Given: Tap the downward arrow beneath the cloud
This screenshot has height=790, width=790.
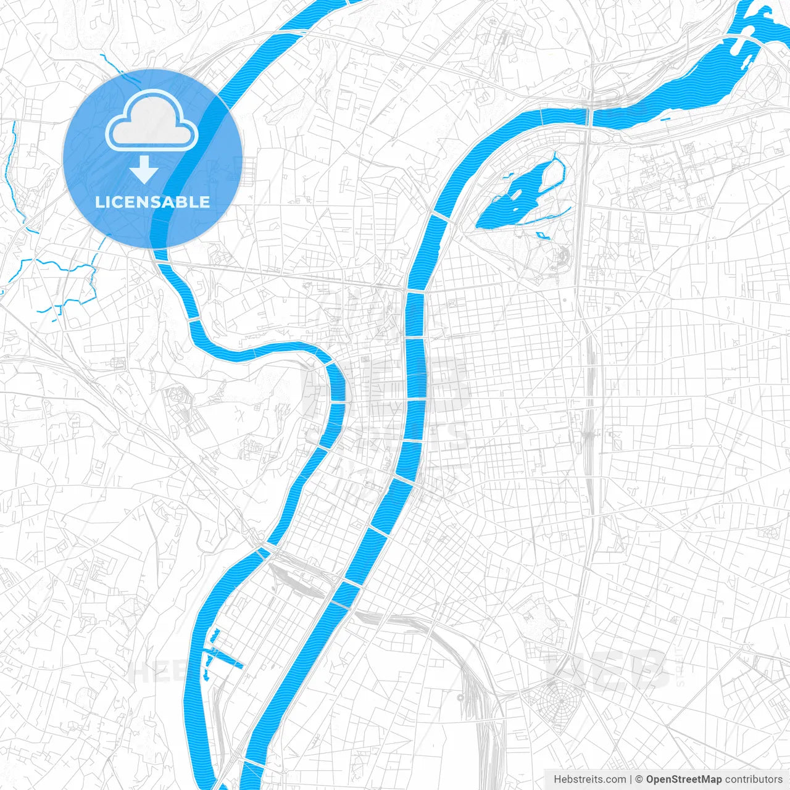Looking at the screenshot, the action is coord(144,169).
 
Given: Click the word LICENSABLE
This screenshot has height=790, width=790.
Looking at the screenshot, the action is coord(152,202).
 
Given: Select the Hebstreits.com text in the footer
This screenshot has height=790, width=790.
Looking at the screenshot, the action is coord(589,780).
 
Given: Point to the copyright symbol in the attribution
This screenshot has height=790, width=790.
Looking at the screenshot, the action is coord(639,780).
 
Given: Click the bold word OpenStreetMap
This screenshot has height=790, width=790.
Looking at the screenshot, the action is coord(684,780).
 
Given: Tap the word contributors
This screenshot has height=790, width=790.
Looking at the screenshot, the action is coord(754,780).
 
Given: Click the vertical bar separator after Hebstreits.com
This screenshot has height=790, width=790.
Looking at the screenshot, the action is coord(631,780).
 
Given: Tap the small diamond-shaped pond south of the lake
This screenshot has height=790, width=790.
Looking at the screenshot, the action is coord(541,235).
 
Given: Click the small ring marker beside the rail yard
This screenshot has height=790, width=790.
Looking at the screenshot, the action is coord(460,697).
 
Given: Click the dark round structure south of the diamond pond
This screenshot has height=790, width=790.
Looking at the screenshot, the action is coord(562,252).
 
